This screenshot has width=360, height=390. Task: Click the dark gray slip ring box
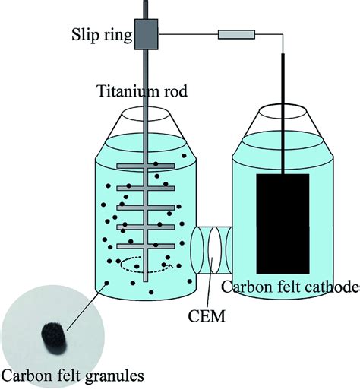(x=144, y=35)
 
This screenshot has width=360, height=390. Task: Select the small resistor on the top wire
(x=232, y=34)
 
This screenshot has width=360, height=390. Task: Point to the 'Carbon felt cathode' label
(x=289, y=287)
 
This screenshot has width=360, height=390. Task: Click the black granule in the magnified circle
(x=52, y=333)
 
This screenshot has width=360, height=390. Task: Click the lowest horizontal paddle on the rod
(x=146, y=246)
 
